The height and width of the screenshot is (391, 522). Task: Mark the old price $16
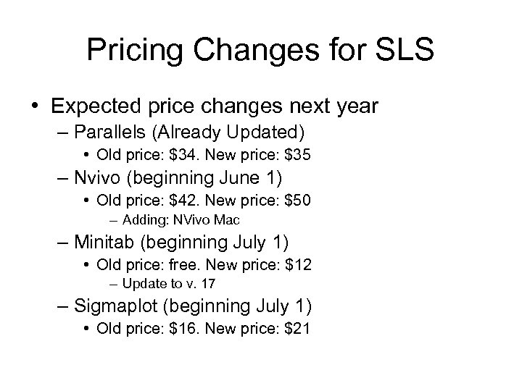coord(178,330)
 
